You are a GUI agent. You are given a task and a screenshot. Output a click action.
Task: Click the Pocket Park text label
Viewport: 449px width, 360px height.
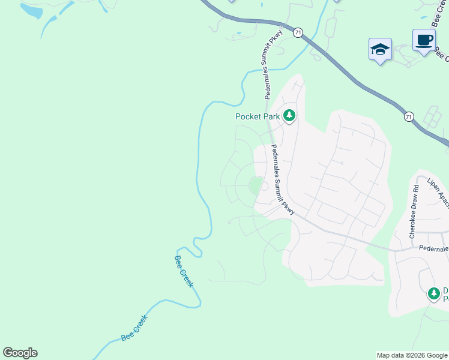click(x=258, y=117)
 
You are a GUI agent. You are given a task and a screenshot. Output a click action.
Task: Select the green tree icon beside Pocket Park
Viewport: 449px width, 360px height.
click(x=289, y=115)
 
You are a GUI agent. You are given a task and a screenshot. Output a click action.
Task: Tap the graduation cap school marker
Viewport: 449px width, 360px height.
click(x=380, y=49)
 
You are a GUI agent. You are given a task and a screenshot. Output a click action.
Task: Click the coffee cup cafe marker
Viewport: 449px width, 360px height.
click(x=424, y=40)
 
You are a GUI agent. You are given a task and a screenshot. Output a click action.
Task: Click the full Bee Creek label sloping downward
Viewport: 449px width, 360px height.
click(x=184, y=271)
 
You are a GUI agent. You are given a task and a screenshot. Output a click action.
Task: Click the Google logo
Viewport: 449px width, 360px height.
click(x=20, y=353)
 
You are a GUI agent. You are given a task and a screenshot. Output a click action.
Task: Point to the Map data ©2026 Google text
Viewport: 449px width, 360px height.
click(x=412, y=355)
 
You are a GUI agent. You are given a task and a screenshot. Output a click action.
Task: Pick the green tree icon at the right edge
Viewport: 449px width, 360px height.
click(x=434, y=294)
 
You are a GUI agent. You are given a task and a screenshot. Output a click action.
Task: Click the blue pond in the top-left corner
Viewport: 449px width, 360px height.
click(x=31, y=10)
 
